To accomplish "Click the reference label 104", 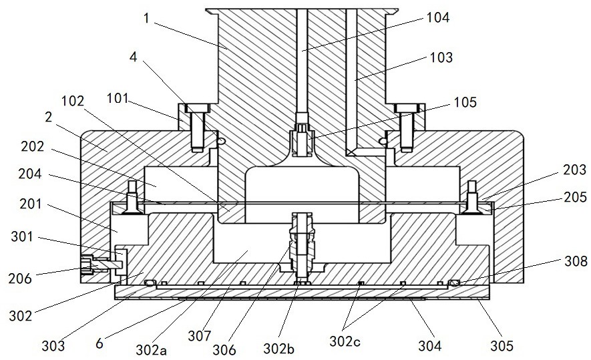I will coord(438,19).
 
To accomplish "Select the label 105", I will coord(464,102).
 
